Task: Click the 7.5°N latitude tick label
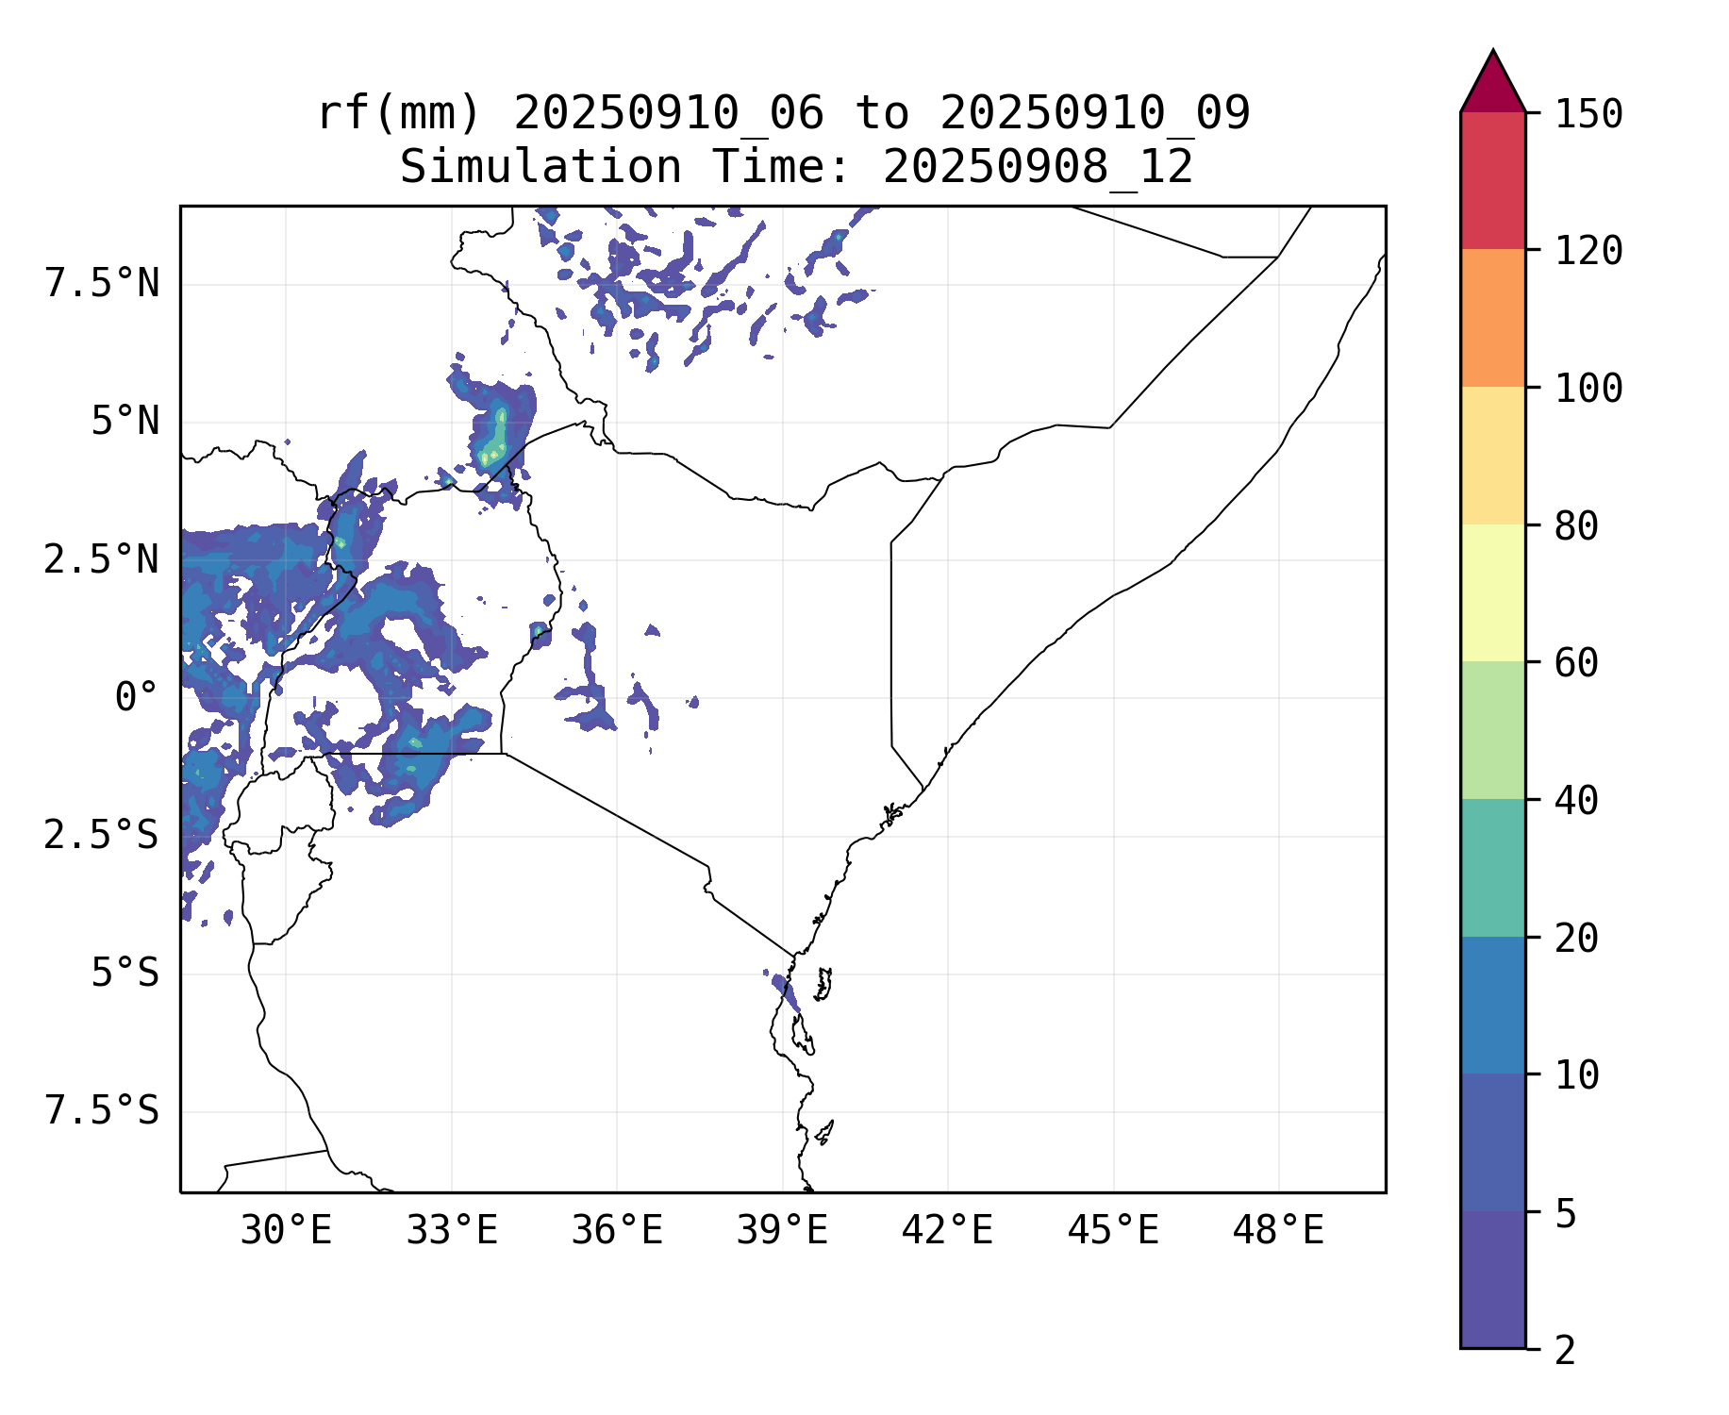(x=102, y=284)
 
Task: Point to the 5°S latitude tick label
(x=125, y=974)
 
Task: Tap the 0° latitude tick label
(x=136, y=698)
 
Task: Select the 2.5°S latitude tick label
(x=102, y=836)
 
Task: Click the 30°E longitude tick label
(x=286, y=1231)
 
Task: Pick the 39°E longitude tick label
(x=782, y=1231)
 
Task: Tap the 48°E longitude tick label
(x=1278, y=1231)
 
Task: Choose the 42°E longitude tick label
(x=947, y=1231)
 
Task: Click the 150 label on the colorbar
(x=1588, y=115)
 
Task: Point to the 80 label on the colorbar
(x=1576, y=526)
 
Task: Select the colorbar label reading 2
(x=1565, y=1351)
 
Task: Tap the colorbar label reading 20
(x=1576, y=939)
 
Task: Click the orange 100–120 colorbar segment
(x=1492, y=318)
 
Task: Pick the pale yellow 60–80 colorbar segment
(x=1492, y=592)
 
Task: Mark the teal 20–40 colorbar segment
(x=1492, y=868)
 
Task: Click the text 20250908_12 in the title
(x=1038, y=168)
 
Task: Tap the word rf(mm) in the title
(x=399, y=114)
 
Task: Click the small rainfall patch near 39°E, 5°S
(x=785, y=990)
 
